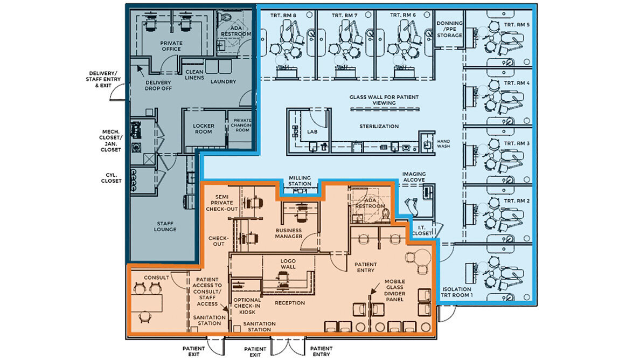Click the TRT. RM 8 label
283,16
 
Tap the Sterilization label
379,127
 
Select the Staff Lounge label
165,226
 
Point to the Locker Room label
203,129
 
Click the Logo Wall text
288,264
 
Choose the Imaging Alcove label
414,177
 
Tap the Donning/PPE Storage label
449,29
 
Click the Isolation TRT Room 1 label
456,292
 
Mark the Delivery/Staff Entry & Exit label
103,79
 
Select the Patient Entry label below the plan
321,351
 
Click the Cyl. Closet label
111,178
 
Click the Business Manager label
289,233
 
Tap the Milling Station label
300,181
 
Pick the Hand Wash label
443,144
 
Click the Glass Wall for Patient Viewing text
384,100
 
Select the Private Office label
171,46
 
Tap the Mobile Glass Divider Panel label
395,290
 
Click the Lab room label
312,132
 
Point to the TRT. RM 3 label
517,144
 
